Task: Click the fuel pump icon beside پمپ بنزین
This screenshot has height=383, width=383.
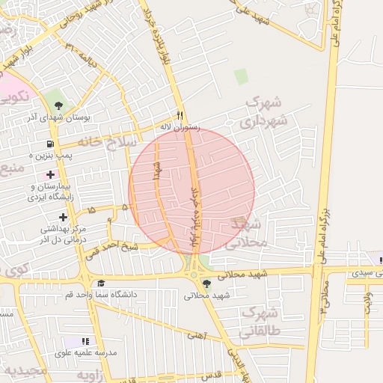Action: [x=50, y=144]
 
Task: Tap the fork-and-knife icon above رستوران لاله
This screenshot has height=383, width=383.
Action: [x=180, y=115]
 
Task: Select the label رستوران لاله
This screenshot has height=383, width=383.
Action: [x=181, y=127]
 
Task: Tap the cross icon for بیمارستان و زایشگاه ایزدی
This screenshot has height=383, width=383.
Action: [x=50, y=174]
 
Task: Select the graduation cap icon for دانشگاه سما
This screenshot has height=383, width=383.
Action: [x=100, y=283]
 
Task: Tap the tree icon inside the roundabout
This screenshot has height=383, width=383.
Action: [x=206, y=283]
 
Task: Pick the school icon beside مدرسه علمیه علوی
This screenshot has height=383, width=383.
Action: [x=88, y=341]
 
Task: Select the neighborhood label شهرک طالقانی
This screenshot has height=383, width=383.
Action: [x=259, y=322]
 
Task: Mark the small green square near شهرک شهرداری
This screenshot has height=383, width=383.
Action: [x=240, y=76]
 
